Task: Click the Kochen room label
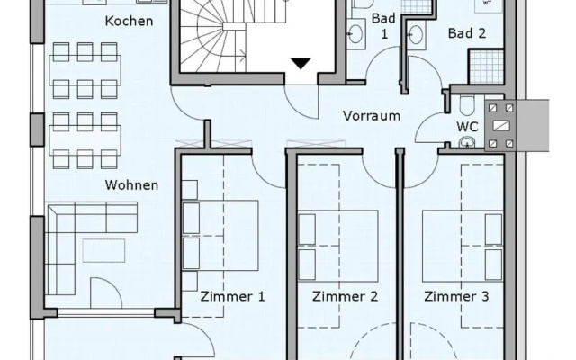129,21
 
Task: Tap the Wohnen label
131,184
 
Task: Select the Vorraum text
372,116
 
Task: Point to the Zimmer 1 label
232,296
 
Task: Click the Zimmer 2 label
345,296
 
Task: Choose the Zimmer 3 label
456,296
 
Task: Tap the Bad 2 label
467,33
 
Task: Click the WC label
467,127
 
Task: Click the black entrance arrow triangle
301,63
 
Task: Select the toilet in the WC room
467,104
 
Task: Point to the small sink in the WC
467,142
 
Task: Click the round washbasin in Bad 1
356,34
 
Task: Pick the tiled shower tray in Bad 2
487,67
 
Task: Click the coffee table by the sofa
103,250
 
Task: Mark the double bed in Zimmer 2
338,246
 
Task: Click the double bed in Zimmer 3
463,246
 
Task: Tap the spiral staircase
213,37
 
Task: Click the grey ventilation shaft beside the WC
501,126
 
